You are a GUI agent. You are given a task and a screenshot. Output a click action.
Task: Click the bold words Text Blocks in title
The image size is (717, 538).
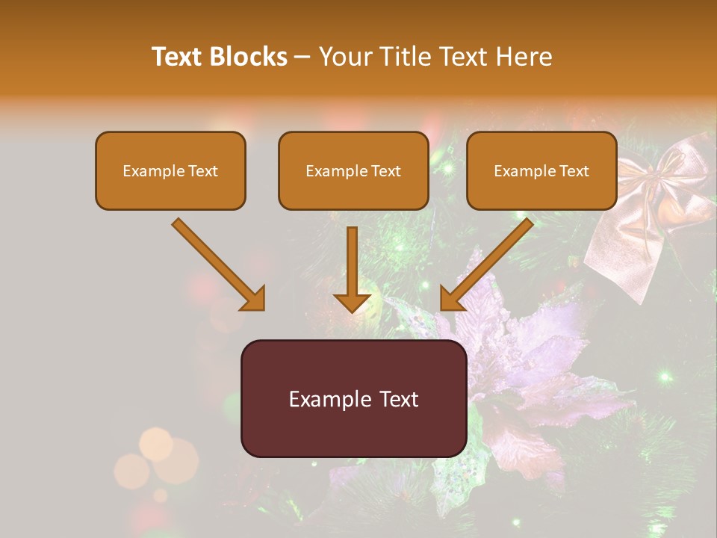tap(219, 57)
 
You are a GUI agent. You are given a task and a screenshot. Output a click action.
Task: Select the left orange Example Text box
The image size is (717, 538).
tap(170, 170)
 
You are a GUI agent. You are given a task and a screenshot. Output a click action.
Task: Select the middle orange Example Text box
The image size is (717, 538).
tap(353, 170)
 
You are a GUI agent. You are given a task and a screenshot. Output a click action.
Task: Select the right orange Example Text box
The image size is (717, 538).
tap(541, 170)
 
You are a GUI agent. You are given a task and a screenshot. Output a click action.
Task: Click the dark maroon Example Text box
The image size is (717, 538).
tap(353, 398)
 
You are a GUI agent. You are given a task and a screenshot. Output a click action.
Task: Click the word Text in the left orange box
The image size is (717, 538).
tap(203, 171)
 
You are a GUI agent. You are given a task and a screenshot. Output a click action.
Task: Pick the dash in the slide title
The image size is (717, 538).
tap(302, 58)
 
